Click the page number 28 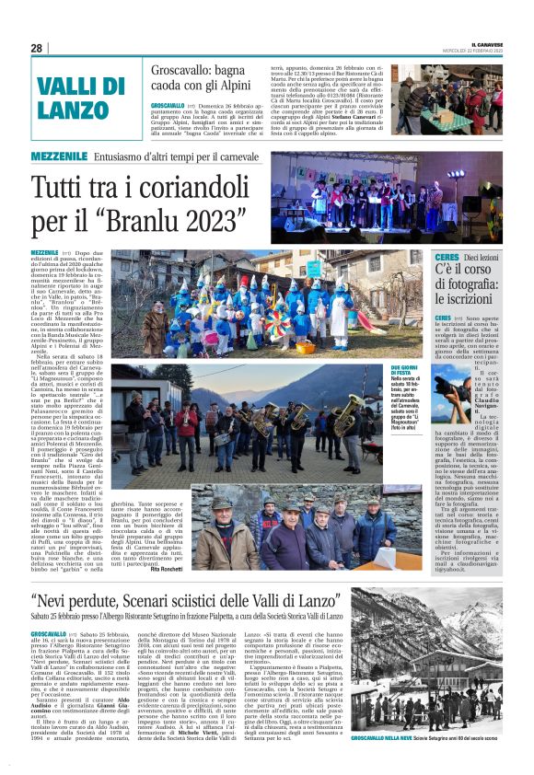point(36,48)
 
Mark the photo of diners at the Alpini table point(448,98)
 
